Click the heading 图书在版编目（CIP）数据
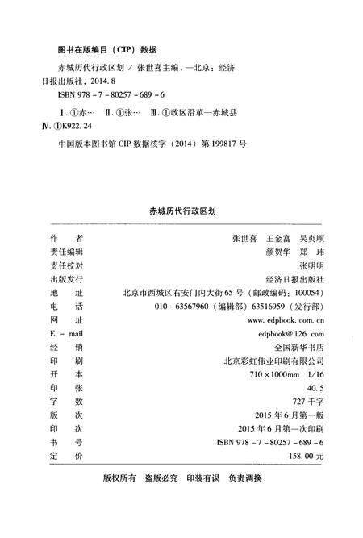pos(102,48)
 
